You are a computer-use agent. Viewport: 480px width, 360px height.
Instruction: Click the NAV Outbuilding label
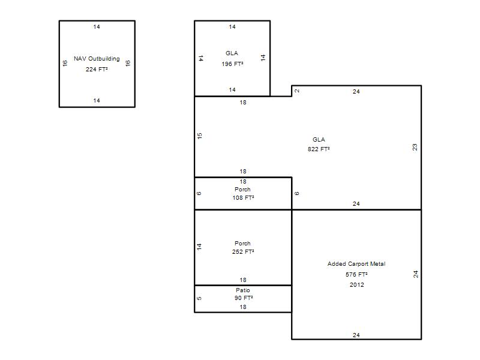(97, 59)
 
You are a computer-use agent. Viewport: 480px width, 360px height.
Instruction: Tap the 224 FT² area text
(97, 70)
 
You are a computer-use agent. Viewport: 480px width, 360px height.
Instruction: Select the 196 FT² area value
(233, 64)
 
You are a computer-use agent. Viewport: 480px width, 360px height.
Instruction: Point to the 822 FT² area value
(319, 149)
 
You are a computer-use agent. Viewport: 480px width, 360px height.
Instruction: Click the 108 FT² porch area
(244, 198)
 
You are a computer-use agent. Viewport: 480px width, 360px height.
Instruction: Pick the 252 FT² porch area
(243, 251)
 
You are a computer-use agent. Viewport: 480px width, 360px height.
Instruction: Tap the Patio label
(243, 290)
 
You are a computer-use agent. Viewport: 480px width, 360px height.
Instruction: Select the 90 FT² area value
(244, 298)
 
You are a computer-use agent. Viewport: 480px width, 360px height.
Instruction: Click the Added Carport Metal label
(356, 264)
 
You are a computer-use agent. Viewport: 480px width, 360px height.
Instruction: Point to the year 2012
(357, 284)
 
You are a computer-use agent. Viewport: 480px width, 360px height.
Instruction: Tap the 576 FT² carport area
(356, 275)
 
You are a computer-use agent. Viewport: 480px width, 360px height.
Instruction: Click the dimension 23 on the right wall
(415, 147)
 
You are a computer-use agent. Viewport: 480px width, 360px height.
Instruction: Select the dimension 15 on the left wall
(200, 136)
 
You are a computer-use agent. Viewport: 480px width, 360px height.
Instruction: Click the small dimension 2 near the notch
(297, 91)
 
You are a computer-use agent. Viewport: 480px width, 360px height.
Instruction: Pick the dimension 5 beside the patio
(199, 298)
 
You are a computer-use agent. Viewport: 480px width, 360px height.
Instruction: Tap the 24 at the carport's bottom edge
(356, 335)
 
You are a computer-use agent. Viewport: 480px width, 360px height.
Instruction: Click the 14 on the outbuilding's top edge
(97, 27)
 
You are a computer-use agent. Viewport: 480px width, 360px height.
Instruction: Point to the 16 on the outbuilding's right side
(128, 63)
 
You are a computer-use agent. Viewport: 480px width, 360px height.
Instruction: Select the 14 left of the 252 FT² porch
(199, 247)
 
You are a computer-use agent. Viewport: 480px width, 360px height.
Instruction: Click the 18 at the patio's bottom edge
(243, 307)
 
